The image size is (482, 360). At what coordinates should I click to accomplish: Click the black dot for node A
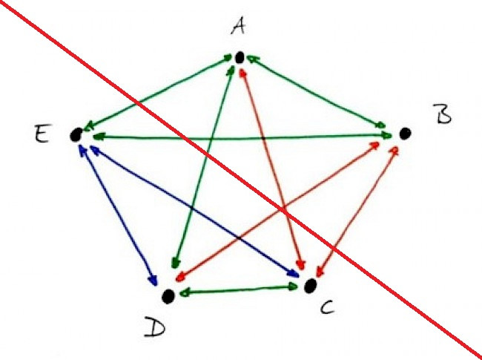[240, 57]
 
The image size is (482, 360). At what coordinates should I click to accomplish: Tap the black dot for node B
[405, 134]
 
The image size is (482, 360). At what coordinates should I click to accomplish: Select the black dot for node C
[311, 285]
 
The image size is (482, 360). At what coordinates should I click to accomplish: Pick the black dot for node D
[169, 296]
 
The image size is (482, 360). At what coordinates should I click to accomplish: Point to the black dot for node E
[75, 134]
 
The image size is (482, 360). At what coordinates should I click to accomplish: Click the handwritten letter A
[238, 28]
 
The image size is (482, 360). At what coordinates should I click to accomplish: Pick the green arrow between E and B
[237, 136]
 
